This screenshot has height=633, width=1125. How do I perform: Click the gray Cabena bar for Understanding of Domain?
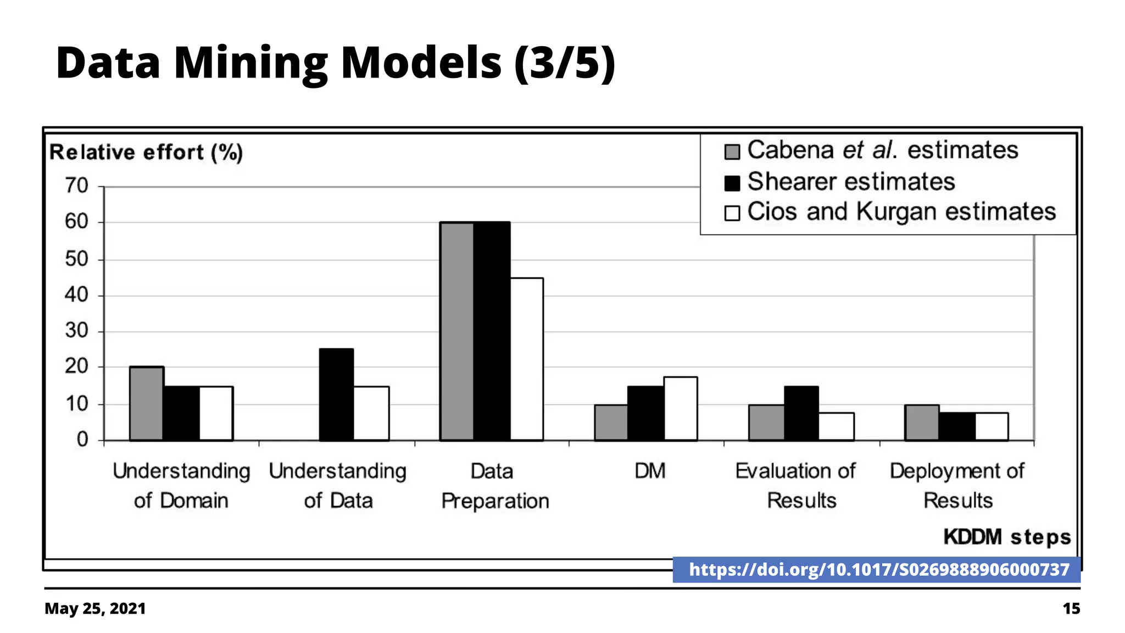[x=147, y=403]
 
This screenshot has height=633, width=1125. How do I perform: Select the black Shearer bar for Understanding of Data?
[x=336, y=395]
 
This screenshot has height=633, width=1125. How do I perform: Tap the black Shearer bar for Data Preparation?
[x=492, y=331]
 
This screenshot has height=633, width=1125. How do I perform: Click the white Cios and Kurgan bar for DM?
[x=681, y=408]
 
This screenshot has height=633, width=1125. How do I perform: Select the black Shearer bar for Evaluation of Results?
[x=801, y=413]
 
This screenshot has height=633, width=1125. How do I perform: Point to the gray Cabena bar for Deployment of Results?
[x=922, y=423]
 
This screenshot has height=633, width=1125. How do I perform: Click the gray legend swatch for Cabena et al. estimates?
[x=732, y=152]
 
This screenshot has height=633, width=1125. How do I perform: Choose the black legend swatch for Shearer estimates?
[x=732, y=183]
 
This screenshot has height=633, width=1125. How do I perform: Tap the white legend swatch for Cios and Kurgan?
[x=732, y=213]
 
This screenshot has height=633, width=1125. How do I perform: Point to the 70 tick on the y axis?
[x=77, y=186]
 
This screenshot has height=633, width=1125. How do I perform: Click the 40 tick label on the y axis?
[x=77, y=296]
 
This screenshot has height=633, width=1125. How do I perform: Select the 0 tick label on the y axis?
[x=82, y=440]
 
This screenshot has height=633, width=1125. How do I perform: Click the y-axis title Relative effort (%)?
[x=146, y=152]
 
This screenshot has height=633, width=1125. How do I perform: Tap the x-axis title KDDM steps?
[x=1007, y=537]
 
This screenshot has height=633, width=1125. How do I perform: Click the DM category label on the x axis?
[x=650, y=471]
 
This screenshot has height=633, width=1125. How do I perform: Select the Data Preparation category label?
[x=495, y=486]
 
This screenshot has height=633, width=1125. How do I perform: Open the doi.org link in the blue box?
[x=879, y=570]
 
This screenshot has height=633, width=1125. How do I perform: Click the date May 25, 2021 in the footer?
[x=95, y=609]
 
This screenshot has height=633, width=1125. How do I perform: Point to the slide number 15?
[x=1071, y=609]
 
